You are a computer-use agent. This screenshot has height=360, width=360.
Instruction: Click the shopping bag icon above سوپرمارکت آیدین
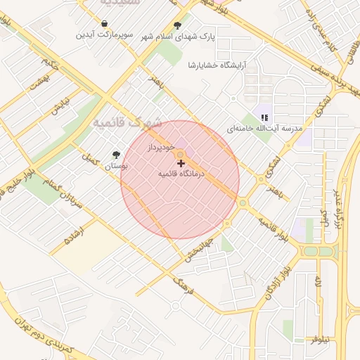coord(105,24)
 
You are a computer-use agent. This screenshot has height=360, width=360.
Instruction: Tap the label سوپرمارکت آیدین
coord(105,34)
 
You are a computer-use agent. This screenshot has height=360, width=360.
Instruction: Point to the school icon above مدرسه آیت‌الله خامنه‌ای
coord(264,118)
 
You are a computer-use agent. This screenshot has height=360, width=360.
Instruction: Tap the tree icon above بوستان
coord(116,155)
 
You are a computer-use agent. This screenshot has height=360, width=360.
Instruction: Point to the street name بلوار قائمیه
coord(274,229)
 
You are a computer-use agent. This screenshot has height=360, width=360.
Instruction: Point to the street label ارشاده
coord(72,233)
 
